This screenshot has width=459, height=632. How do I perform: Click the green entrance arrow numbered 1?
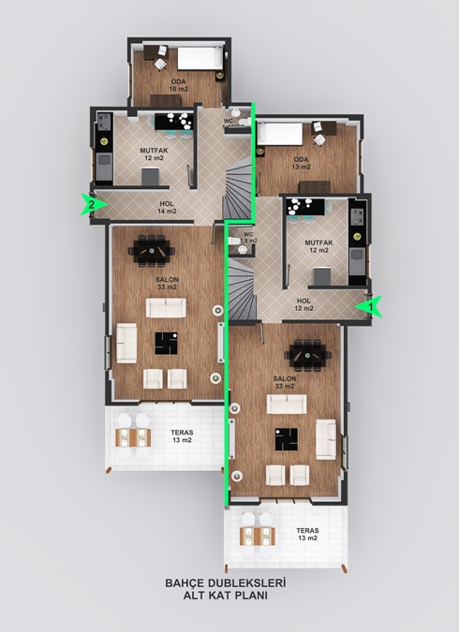369,306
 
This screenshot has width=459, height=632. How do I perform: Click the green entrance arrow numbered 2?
94,204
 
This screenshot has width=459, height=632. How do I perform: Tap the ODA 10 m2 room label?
178,85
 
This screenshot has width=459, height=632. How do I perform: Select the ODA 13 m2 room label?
302,163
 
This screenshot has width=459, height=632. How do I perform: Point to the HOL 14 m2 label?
167,208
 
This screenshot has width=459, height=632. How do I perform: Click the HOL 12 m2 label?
304,304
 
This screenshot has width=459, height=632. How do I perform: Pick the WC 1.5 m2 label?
248,238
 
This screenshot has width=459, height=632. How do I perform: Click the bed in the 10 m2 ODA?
200,58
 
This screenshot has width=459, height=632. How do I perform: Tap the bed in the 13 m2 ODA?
280,134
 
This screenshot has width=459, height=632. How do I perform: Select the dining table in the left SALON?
152,251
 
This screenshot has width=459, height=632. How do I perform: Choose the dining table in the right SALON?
308,355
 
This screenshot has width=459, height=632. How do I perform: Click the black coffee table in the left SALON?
166,343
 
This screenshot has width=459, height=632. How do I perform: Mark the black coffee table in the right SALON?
287,439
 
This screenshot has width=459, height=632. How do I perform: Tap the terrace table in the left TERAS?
133,438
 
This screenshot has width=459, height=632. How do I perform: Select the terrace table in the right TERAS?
258,536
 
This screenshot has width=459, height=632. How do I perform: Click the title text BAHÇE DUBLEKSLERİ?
226,582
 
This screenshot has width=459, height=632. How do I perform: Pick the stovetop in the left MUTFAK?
105,122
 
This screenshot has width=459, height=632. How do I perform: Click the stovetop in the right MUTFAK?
357,216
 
